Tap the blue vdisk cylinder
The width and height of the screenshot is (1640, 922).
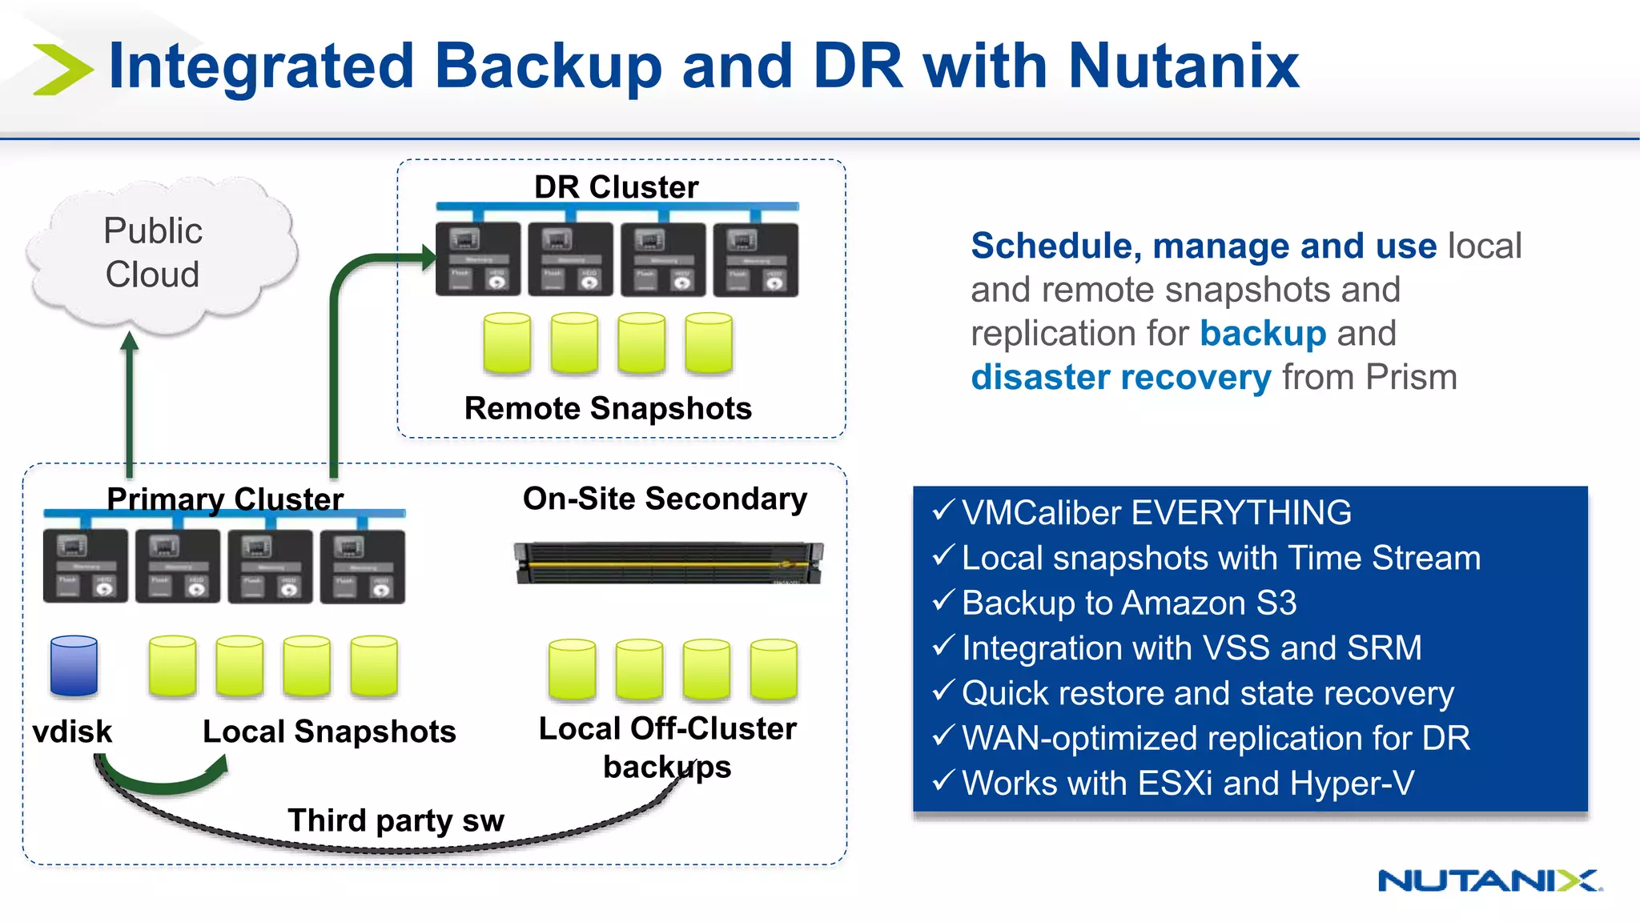(74, 666)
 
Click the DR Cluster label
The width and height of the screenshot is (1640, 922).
(616, 187)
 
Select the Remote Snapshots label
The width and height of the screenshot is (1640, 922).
(608, 408)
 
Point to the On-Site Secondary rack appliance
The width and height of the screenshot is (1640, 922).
(668, 563)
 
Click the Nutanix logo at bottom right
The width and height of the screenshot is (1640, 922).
(1489, 880)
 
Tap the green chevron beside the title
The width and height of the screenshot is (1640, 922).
(62, 70)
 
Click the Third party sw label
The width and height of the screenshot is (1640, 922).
(396, 820)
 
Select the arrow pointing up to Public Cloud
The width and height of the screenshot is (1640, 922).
(130, 400)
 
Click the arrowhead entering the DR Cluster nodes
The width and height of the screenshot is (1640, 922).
(428, 257)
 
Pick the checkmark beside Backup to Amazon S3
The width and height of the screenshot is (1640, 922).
(943, 600)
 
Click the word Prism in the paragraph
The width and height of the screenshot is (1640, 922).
(1411, 377)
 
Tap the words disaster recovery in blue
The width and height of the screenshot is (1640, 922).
(1120, 377)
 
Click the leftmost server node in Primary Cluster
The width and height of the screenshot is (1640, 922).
(85, 566)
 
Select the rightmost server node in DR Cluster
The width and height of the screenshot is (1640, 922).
(755, 260)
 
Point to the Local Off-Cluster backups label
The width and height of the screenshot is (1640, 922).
(667, 747)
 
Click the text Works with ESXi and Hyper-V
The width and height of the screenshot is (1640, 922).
(1188, 783)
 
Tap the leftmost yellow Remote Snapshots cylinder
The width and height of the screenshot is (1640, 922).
(507, 343)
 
